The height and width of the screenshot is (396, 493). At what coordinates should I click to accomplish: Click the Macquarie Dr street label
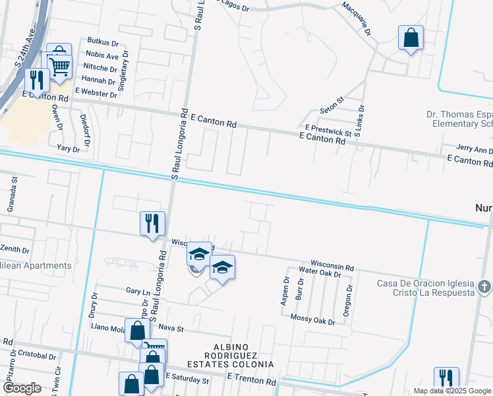coord(357,18)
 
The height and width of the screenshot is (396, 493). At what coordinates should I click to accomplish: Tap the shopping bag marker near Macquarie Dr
coord(411,38)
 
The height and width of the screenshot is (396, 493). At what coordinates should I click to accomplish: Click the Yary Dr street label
coord(68,149)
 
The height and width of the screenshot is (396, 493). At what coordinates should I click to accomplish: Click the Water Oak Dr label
coord(320,271)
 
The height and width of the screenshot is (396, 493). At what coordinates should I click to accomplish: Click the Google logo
coord(22,388)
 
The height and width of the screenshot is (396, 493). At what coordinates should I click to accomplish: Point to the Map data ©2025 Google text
coord(451,391)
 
